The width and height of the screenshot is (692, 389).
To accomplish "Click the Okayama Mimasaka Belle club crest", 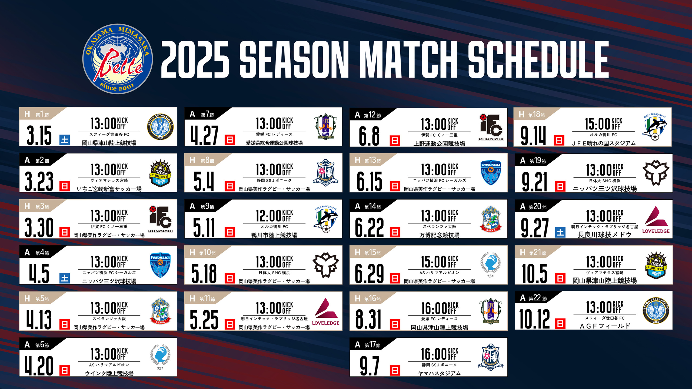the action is (118, 59).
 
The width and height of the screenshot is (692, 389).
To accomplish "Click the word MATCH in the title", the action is (408, 60).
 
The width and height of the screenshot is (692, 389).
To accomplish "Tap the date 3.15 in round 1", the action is (39, 135).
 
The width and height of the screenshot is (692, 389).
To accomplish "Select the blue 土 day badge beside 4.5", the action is (65, 278).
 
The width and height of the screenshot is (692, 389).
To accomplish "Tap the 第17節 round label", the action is (372, 345).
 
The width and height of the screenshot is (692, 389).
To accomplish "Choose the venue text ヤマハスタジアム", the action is (439, 373).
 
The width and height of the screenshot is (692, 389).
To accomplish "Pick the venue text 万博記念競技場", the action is (439, 235).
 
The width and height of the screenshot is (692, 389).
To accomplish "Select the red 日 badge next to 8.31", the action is (395, 324).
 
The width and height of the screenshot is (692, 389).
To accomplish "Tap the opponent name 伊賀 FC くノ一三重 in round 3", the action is (109, 226).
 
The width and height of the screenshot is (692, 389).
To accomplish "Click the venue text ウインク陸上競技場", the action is (109, 373).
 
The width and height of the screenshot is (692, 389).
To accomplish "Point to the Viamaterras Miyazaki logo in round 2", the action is (160, 173).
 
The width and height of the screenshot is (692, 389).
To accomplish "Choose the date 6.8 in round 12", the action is (369, 136).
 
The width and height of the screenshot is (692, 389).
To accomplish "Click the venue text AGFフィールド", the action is (605, 326).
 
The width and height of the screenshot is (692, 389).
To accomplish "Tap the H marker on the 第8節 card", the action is (192, 160).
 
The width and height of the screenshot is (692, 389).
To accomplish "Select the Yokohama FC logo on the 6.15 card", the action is (491, 173).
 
